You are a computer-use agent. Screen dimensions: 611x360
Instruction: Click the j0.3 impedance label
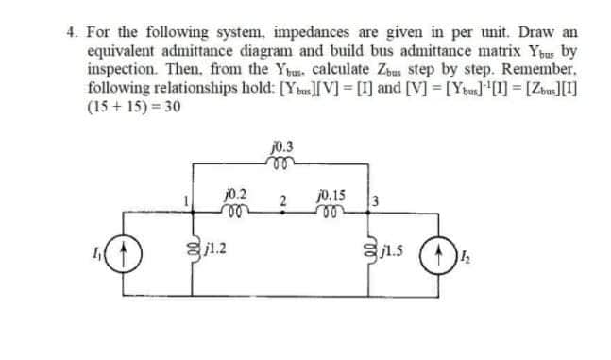(x=280, y=147)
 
